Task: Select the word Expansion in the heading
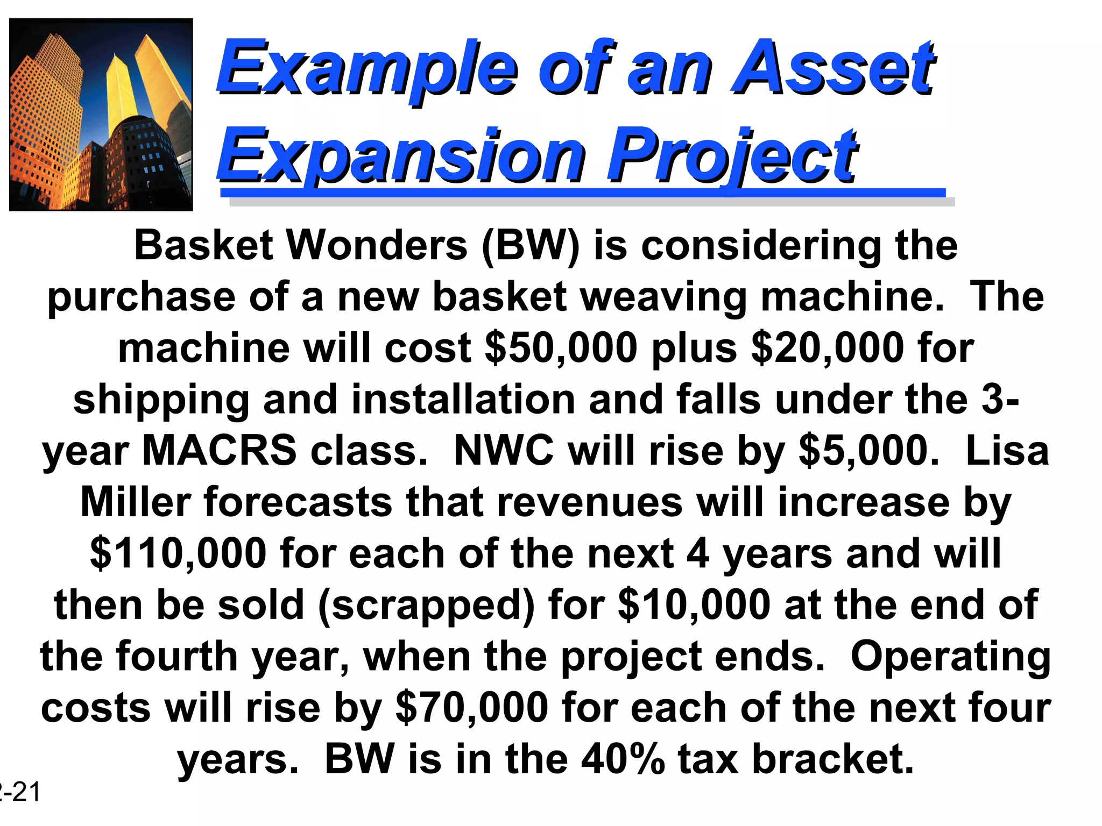[401, 156]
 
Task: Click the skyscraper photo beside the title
[101, 115]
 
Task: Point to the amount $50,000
[561, 348]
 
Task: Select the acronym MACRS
[219, 451]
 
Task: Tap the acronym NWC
[504, 451]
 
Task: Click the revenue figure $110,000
[178, 553]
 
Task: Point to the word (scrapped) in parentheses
[426, 605]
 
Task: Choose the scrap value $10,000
[695, 605]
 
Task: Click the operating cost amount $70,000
[472, 708]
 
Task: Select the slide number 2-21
[20, 793]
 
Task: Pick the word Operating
[950, 657]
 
